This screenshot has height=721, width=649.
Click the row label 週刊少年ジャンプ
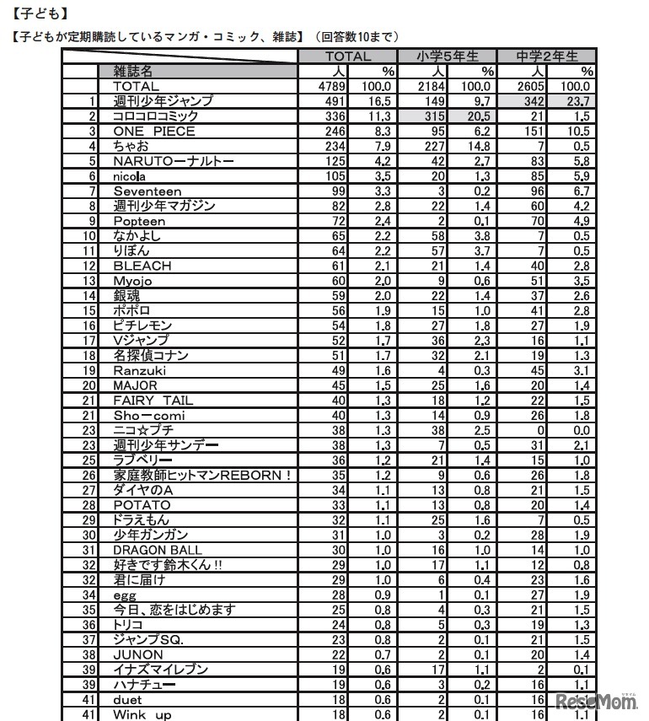click(x=163, y=101)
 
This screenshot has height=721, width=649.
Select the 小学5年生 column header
click(x=448, y=56)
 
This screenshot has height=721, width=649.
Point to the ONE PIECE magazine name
click(x=154, y=132)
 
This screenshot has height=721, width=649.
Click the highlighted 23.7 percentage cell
click(x=576, y=101)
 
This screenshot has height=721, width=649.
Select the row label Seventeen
click(x=147, y=191)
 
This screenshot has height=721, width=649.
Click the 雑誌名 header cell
click(x=133, y=72)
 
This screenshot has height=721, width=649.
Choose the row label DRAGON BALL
click(x=158, y=550)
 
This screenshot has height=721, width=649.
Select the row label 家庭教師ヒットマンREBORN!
click(x=201, y=475)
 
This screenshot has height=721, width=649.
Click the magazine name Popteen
click(x=139, y=221)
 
